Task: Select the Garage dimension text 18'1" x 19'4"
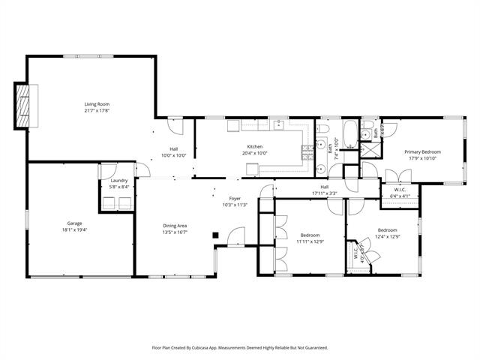click(74, 229)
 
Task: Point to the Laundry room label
click(118, 180)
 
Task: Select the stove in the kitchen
click(306, 153)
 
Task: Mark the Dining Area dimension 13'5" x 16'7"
click(175, 232)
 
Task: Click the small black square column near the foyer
click(216, 235)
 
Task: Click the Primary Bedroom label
click(424, 152)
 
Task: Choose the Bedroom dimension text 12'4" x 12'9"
click(387, 236)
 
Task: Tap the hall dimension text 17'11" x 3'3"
click(324, 193)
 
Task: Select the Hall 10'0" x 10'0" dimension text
click(173, 155)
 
